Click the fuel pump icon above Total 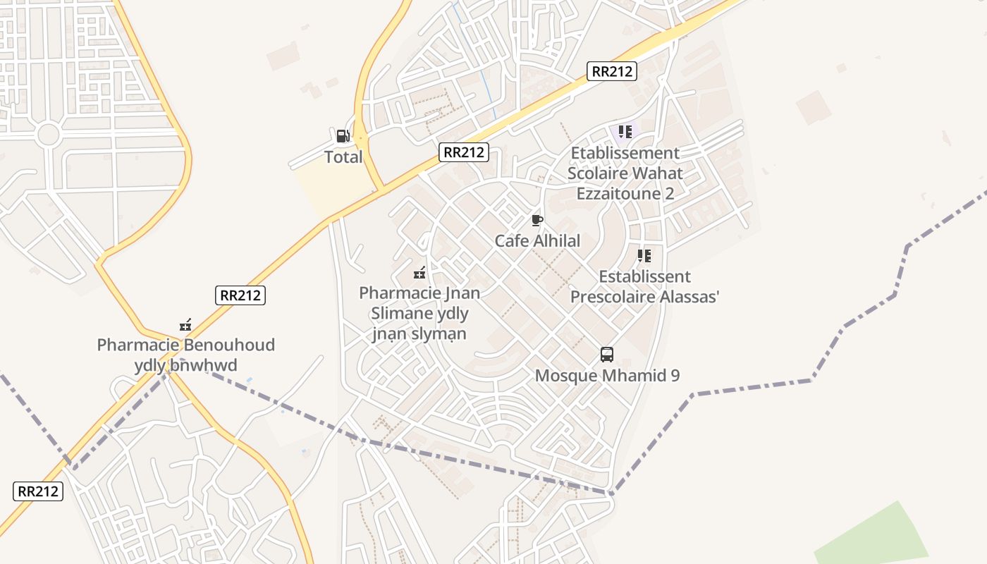[x=343, y=135]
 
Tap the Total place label [x=343, y=157]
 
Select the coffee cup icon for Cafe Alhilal [x=537, y=221]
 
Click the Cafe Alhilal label [x=537, y=241]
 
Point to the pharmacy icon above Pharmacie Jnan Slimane [x=419, y=272]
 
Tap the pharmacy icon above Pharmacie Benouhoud [x=185, y=325]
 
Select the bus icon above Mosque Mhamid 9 [x=607, y=355]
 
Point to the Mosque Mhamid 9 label [x=607, y=376]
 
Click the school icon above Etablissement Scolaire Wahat [x=625, y=132]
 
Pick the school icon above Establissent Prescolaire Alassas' [x=644, y=256]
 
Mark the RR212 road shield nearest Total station [x=465, y=152]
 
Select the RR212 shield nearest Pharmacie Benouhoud [x=240, y=295]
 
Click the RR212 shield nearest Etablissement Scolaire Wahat [x=612, y=70]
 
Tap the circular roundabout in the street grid [x=48, y=134]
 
